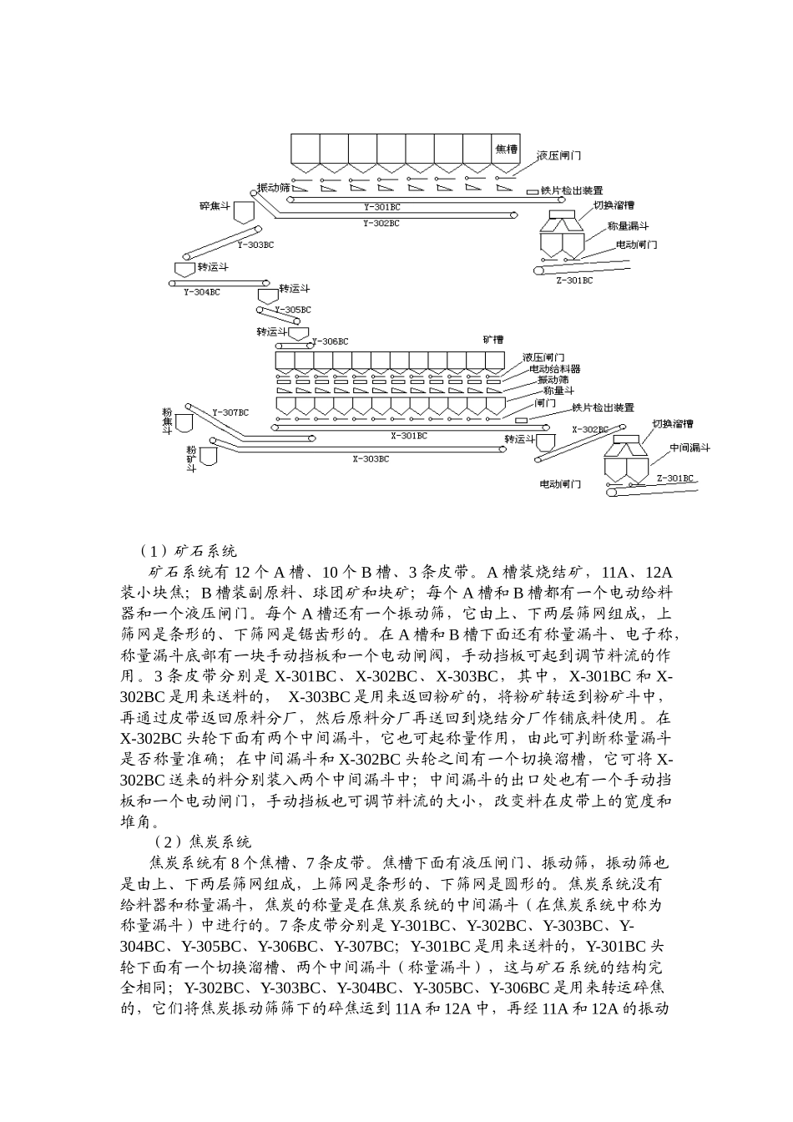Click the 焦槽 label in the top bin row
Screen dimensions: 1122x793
(x=506, y=149)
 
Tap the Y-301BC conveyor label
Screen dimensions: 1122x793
(x=381, y=206)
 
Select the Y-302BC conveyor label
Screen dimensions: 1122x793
(x=381, y=224)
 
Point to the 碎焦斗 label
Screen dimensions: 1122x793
(x=214, y=205)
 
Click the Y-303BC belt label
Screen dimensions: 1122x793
(x=255, y=245)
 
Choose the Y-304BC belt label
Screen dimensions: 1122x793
(x=202, y=292)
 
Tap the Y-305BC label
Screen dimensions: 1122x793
(x=292, y=310)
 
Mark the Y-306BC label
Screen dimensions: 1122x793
(x=330, y=341)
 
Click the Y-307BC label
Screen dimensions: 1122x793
(x=230, y=412)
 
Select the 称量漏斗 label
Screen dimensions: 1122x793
(x=628, y=225)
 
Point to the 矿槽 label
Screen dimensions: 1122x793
(x=493, y=340)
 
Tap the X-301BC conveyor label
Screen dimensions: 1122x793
(x=409, y=436)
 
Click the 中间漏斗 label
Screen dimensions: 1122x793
(x=689, y=447)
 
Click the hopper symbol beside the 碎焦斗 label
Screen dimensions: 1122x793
(x=245, y=211)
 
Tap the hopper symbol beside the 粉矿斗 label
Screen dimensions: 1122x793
(x=208, y=456)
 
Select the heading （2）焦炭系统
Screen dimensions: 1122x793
(x=203, y=841)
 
